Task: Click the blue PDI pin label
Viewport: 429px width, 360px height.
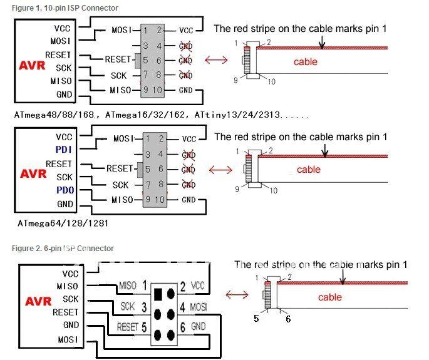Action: pos(63,150)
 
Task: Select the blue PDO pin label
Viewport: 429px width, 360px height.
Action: pos(65,190)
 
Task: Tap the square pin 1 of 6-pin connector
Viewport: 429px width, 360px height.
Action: pos(158,294)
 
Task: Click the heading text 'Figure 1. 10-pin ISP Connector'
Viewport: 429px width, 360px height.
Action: pos(65,8)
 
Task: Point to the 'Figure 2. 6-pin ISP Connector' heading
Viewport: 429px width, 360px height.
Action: pos(63,248)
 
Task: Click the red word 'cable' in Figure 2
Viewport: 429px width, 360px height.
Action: pos(329,297)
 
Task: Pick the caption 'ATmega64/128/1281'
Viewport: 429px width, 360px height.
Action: pos(63,224)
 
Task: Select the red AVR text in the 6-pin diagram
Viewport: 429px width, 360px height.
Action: pos(38,301)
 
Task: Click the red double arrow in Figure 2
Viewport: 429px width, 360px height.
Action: pos(237,295)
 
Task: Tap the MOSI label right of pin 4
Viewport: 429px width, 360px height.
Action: pos(199,307)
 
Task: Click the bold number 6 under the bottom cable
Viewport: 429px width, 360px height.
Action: pos(288,319)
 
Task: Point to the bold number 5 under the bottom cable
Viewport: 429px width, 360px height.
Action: pos(256,319)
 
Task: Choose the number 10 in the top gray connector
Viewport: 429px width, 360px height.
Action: pos(157,90)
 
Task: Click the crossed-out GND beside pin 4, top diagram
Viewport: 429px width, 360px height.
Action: pos(186,46)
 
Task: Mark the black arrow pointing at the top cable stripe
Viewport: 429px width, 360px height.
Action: pos(322,42)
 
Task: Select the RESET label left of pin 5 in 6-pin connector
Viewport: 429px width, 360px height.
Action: pos(127,327)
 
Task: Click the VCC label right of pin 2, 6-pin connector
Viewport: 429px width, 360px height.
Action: pos(197,286)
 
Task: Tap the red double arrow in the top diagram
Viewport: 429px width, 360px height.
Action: pos(216,59)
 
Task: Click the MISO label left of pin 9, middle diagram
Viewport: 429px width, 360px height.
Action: pos(122,200)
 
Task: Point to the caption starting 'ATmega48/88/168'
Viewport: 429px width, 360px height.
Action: pos(162,115)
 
